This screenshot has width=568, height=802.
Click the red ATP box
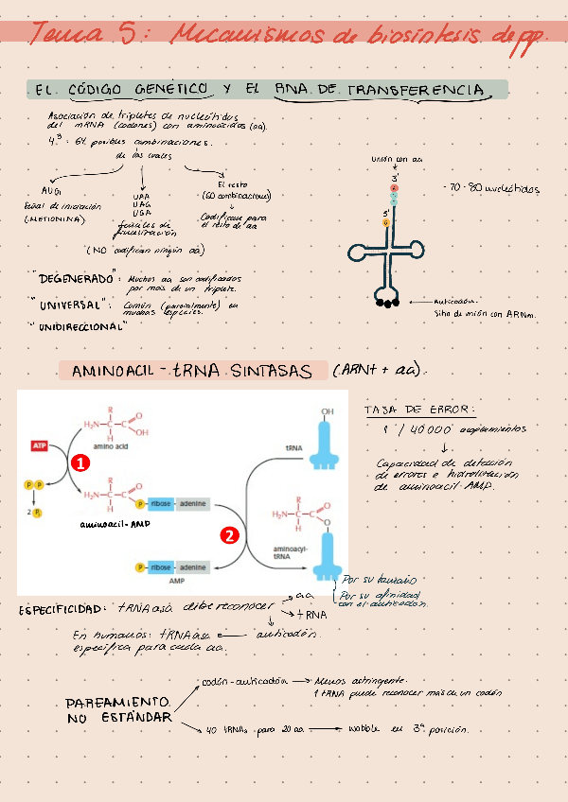coord(41,445)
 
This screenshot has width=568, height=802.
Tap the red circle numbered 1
coord(80,463)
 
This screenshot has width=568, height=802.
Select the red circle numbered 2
coord(229,535)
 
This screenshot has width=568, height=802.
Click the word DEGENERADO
coord(77,280)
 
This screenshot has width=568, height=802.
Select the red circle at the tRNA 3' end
coord(395,189)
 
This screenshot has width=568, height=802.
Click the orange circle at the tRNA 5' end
coord(386,224)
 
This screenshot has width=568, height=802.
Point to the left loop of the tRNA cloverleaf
coord(358,252)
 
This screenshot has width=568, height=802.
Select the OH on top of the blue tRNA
coord(327,412)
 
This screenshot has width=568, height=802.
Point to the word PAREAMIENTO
coord(118,704)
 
